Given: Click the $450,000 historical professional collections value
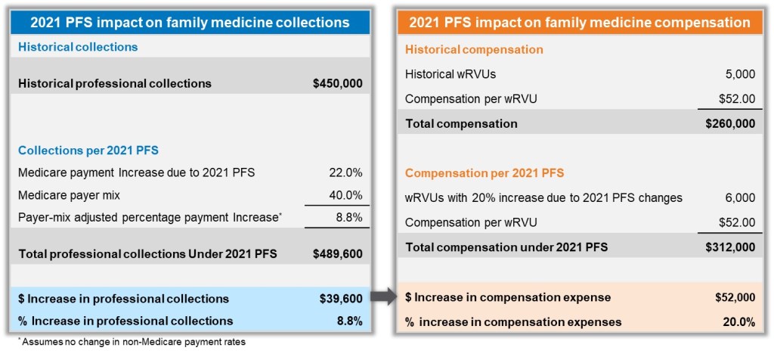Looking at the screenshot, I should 338,83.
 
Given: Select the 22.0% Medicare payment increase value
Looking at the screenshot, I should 348,172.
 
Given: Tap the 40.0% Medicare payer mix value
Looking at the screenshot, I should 348,195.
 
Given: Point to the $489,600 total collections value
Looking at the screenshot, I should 338,254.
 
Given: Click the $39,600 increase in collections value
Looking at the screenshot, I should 341,299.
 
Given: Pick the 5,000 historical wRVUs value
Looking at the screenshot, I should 740,74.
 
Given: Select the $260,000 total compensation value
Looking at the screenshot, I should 730,123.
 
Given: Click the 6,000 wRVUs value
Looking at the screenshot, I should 740,198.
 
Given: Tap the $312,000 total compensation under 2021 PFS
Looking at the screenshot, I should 730,247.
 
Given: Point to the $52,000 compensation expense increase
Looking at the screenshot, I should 733,297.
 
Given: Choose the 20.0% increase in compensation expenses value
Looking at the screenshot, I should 738,322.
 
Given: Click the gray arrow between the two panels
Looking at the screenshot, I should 385,297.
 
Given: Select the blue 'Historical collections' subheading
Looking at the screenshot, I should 78,47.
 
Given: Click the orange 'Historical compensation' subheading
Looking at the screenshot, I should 474,50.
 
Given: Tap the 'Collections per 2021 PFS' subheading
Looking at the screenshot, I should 88,150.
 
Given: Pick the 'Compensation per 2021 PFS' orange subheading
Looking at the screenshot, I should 485,173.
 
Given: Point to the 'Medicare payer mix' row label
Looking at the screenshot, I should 69,195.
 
